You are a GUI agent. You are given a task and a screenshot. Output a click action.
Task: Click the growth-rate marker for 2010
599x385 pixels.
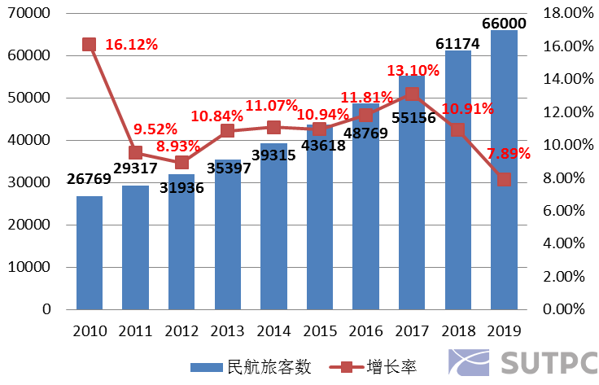90,44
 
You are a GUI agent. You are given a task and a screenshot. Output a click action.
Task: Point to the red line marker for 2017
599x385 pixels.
412,94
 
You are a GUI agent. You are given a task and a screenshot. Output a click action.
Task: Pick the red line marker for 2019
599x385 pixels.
504,179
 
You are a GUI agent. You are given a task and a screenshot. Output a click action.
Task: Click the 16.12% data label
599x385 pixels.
131,45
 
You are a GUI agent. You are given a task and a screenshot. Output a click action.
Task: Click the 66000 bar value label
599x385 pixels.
504,23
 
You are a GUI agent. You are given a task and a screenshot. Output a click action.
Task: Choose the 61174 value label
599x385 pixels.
458,42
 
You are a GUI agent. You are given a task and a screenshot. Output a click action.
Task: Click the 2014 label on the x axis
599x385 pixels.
273,331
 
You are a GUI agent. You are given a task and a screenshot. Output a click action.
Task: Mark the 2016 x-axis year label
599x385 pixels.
365,331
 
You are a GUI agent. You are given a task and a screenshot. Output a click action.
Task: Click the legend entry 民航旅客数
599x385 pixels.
251,367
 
